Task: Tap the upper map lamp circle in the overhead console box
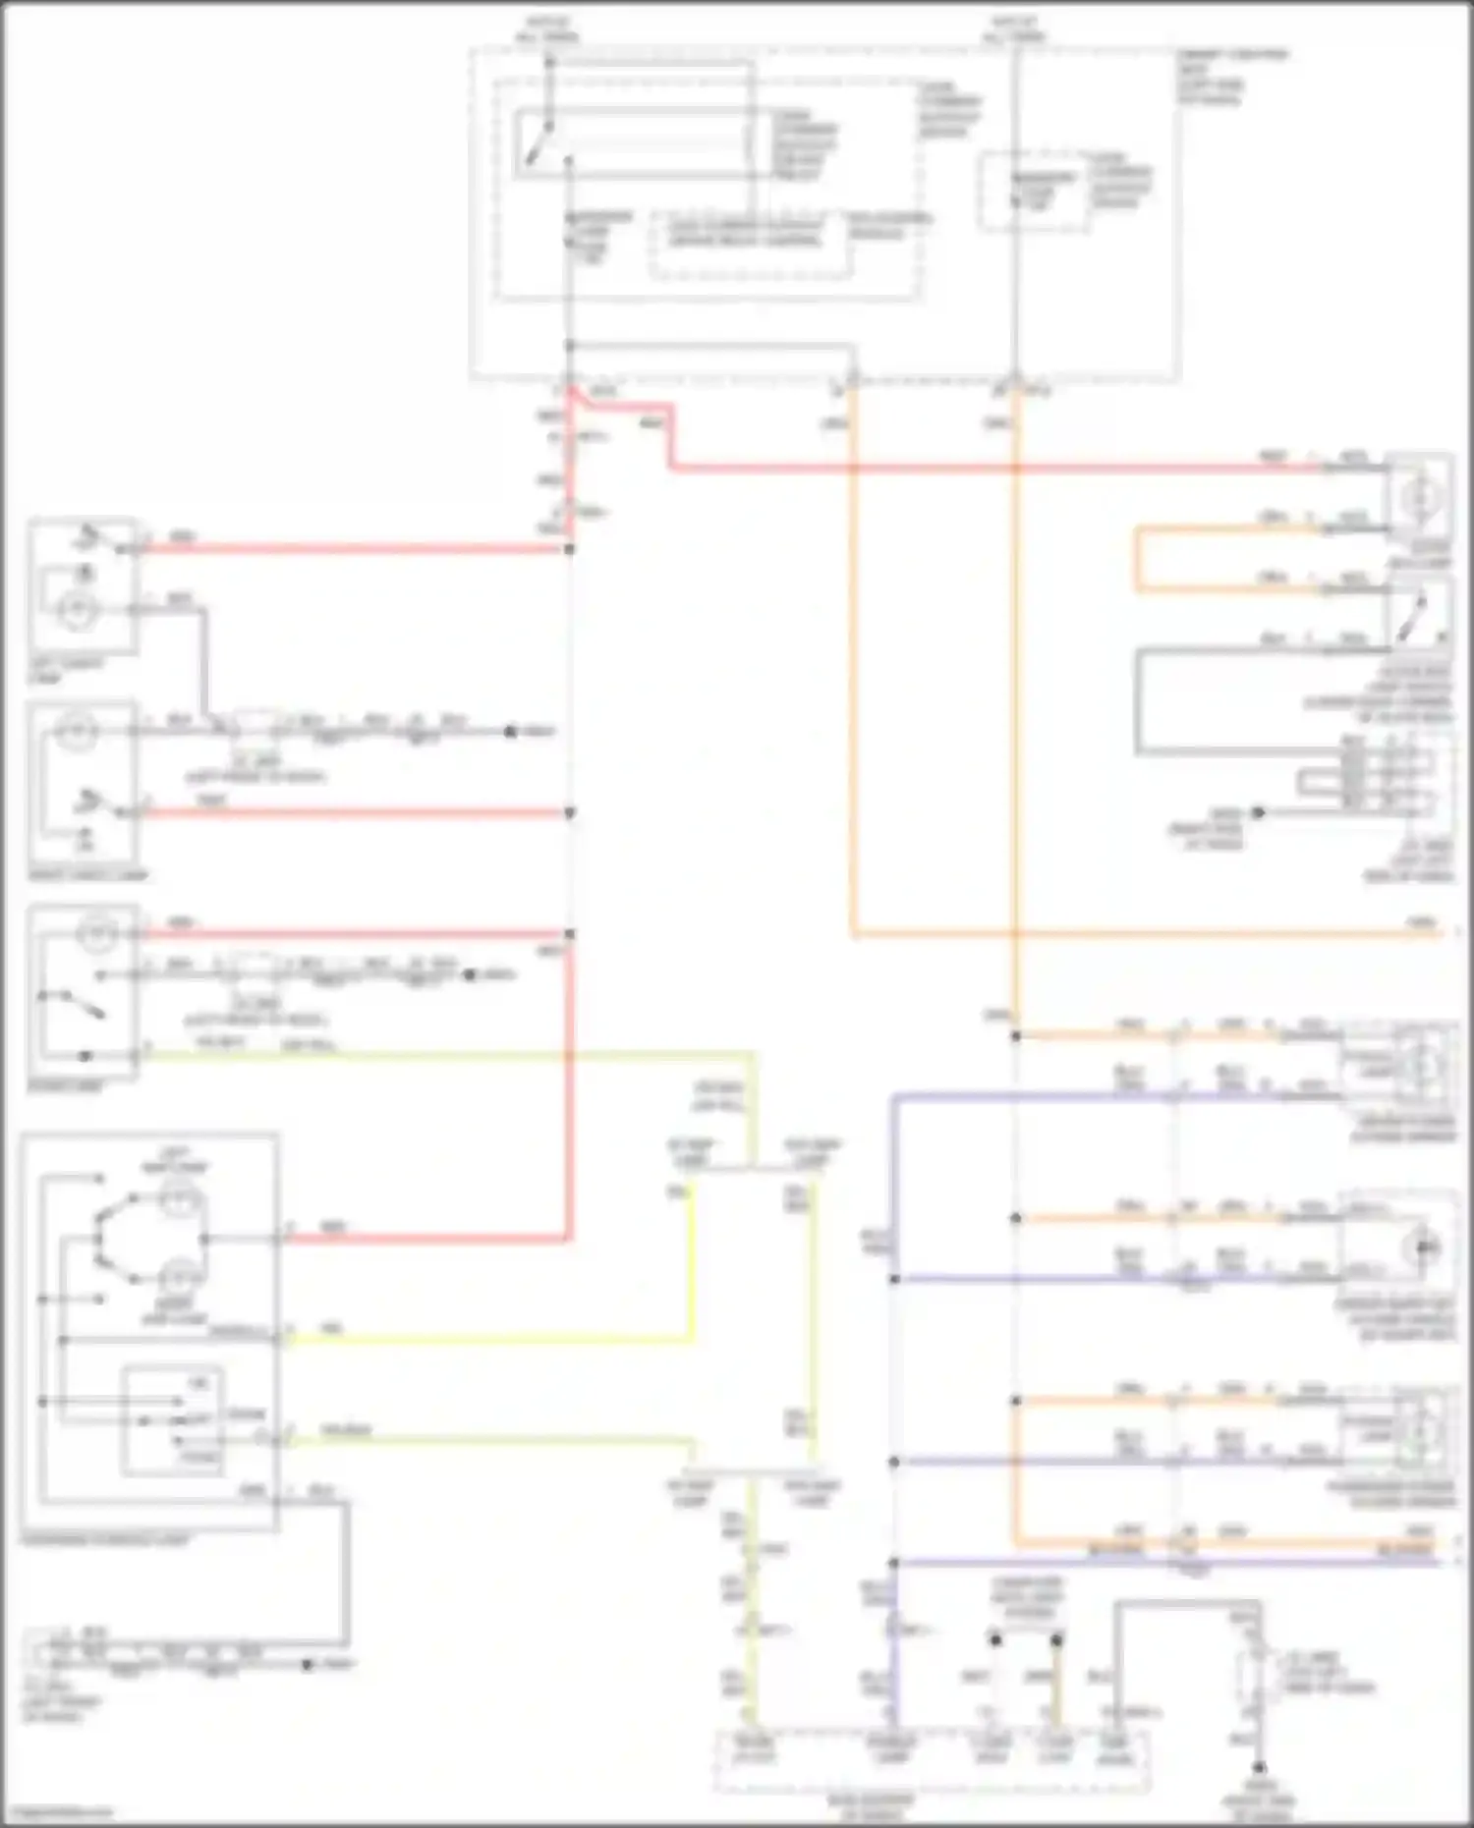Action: pos(181,1197)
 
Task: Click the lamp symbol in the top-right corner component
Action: pos(1418,498)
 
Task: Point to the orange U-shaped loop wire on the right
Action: pos(1138,560)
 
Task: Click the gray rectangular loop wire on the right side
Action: pos(1137,702)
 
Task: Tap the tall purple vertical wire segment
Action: pos(893,1326)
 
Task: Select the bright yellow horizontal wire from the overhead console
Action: pos(491,1339)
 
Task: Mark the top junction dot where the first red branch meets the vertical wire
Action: pos(569,549)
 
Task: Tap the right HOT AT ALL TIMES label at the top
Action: pos(1014,28)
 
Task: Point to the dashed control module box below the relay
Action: pos(749,245)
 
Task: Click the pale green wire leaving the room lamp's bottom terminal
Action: pos(442,1056)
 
